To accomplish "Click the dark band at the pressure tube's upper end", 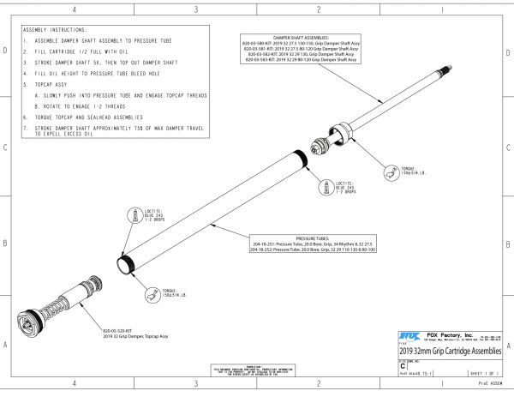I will tap(299, 158).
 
